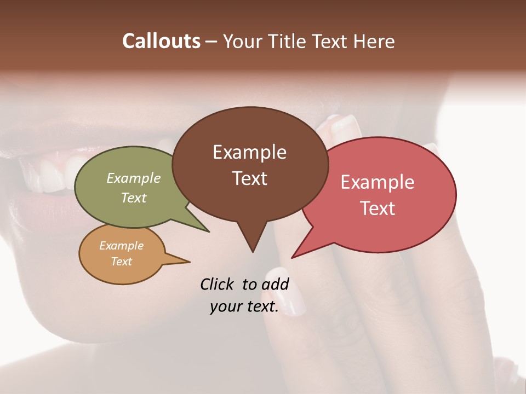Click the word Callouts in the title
click(x=161, y=41)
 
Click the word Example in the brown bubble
click(x=249, y=152)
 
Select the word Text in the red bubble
click(x=378, y=208)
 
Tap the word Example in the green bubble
click(x=134, y=178)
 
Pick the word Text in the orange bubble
click(x=122, y=262)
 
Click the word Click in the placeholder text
click(x=218, y=284)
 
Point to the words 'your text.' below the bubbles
click(x=244, y=307)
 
